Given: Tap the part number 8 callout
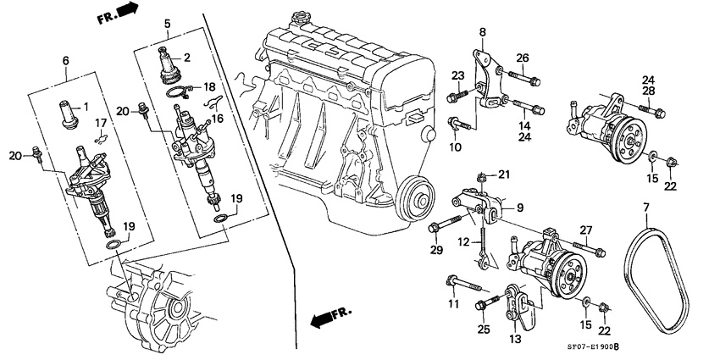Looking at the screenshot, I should (x=483, y=32).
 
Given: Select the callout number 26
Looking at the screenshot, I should (x=523, y=58).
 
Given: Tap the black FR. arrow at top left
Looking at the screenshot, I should (x=125, y=10).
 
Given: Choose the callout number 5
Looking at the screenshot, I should (x=168, y=24).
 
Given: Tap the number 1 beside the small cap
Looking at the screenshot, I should (x=85, y=108).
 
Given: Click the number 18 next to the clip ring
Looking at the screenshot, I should (x=209, y=87).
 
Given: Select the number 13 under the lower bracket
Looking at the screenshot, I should (x=514, y=340).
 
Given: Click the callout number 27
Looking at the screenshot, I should (x=584, y=229).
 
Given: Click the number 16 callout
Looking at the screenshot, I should (x=218, y=120).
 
